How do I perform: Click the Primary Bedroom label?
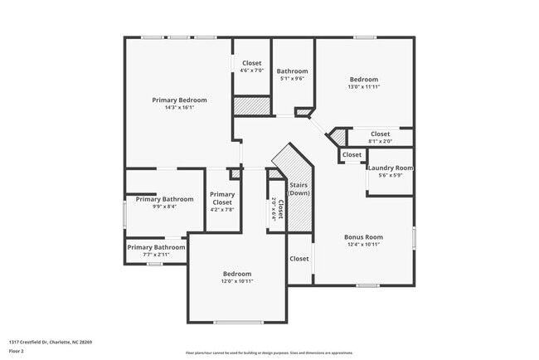point(179,100)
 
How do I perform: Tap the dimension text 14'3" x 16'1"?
point(179,108)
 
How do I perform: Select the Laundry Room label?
point(390,168)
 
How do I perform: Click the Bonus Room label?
point(363,237)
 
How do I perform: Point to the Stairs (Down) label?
point(299,187)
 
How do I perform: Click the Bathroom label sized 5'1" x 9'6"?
point(292,71)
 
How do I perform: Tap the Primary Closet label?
point(221,197)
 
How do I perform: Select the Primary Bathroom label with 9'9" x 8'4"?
point(165,199)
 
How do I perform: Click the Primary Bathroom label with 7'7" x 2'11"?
point(156,247)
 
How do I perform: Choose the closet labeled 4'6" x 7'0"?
point(251,64)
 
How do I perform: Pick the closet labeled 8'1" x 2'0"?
point(380,134)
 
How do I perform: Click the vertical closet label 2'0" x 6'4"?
point(278,208)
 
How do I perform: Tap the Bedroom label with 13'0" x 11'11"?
point(363,79)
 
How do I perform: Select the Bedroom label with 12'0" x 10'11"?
point(236,274)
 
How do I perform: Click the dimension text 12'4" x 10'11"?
point(363,245)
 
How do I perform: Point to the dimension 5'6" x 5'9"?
point(390,175)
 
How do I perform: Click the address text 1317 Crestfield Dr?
point(51,341)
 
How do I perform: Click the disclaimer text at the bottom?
point(269,353)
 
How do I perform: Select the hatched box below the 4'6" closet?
point(251,106)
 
